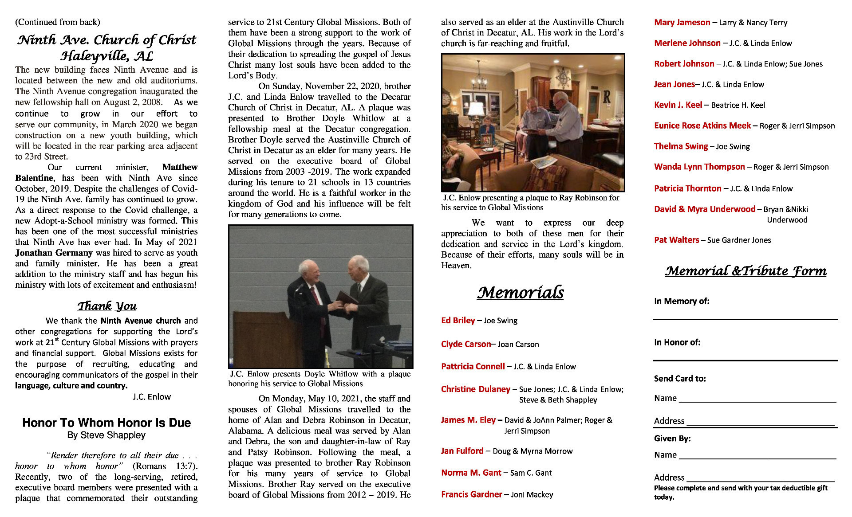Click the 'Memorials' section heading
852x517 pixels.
(520, 292)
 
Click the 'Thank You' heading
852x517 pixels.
(107, 306)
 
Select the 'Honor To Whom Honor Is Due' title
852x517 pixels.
(106, 423)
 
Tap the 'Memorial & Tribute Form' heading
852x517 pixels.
(745, 271)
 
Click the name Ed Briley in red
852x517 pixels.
(458, 320)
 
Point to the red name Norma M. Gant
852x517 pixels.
(471, 473)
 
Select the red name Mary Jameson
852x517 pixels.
(682, 22)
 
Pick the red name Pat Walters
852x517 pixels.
(676, 240)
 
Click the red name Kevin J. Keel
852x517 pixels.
(678, 105)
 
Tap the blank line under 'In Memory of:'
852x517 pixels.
(745, 318)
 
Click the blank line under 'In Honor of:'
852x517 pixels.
(745, 360)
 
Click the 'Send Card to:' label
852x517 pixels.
(680, 378)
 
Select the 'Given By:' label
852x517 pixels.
(672, 439)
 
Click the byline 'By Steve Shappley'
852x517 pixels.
(106, 435)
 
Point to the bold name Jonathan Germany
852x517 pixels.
(54, 253)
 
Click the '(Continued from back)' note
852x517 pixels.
(58, 22)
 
